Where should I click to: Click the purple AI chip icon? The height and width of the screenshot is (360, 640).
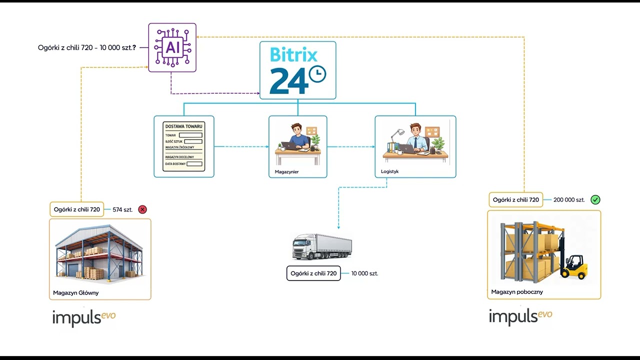tap(172, 47)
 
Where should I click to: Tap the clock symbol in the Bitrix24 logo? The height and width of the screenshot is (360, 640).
tap(317, 74)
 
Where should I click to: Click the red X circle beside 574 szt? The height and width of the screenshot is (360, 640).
tap(142, 209)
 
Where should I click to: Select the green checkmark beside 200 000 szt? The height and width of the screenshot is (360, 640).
tap(595, 199)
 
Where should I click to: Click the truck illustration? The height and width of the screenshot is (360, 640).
tap(322, 246)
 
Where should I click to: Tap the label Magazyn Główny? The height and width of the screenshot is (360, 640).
tap(75, 293)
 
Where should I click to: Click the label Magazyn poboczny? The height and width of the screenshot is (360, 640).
tap(517, 292)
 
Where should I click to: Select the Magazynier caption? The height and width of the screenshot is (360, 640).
tap(286, 171)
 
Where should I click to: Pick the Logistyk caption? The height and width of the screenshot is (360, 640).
tap(389, 171)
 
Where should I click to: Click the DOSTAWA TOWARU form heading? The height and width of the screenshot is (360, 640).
tap(183, 126)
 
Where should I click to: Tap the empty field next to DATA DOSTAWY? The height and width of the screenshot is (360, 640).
tap(194, 164)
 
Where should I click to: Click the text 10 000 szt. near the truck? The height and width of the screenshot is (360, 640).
tap(364, 273)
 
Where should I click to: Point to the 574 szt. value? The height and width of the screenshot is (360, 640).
tap(122, 209)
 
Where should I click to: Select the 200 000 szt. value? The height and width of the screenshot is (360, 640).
tap(569, 199)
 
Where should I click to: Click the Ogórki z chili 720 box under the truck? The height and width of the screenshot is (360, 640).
tap(313, 273)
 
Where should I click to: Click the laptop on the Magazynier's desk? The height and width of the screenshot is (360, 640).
tap(289, 145)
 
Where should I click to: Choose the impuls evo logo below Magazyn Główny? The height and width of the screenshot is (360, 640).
tap(84, 318)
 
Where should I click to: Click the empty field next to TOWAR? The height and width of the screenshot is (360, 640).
tap(190, 135)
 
